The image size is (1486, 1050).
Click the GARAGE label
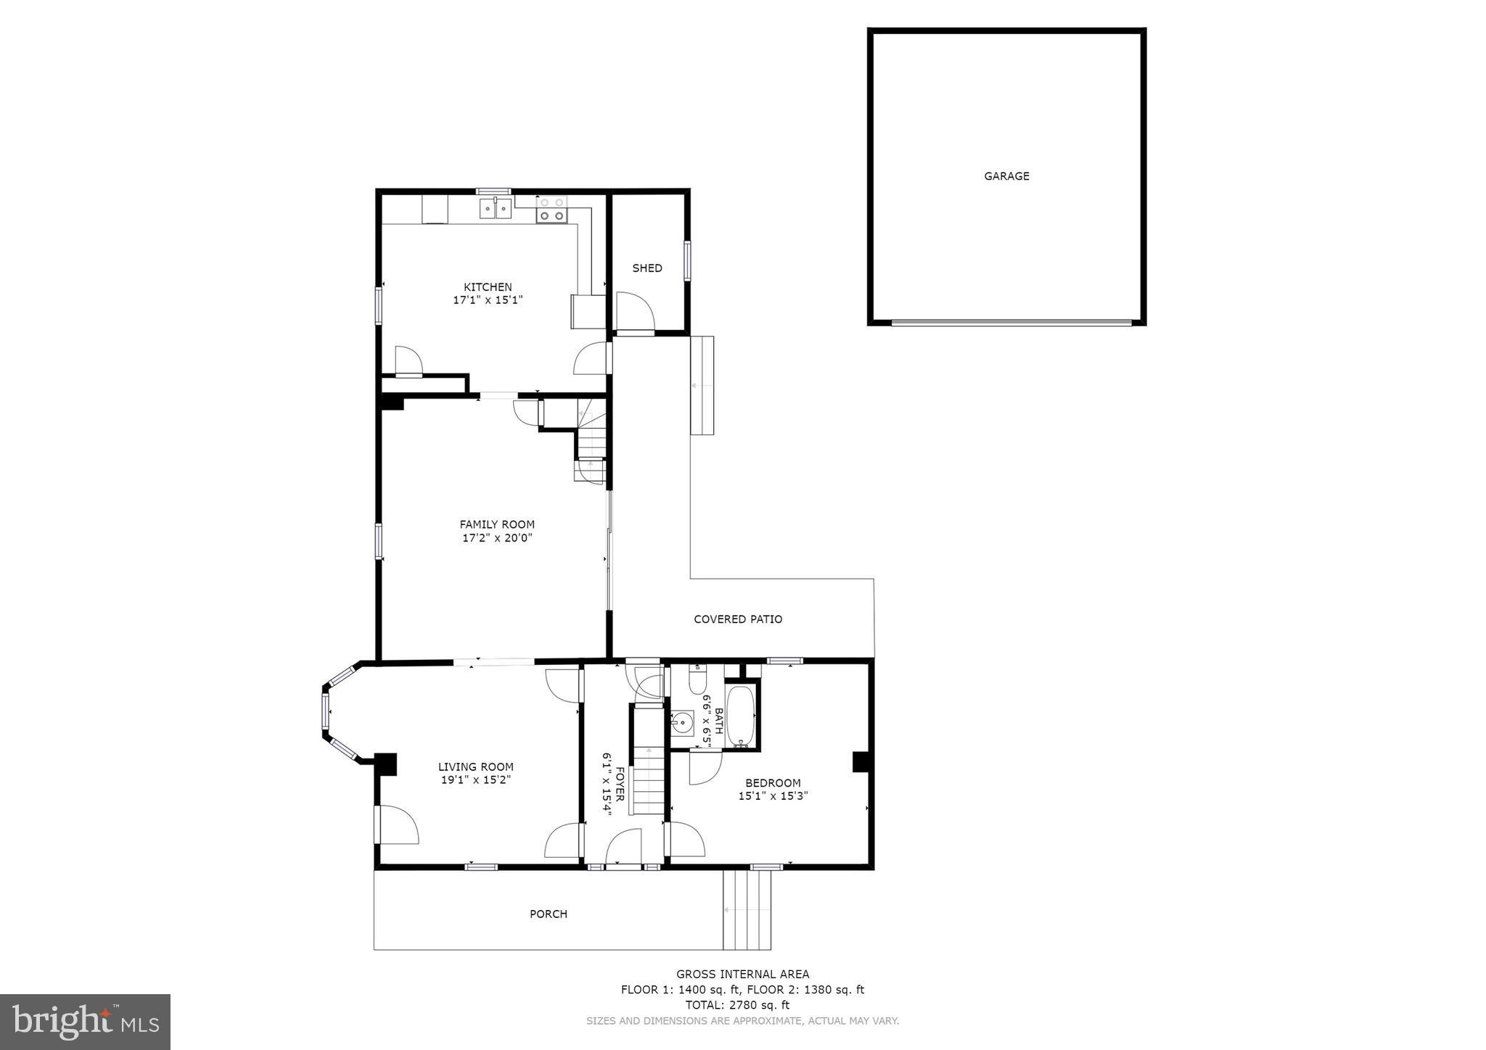(1006, 176)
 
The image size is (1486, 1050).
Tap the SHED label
(646, 268)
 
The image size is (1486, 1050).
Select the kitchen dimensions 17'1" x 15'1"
(488, 299)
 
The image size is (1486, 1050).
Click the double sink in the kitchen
(495, 208)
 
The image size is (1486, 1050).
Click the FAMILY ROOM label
(497, 524)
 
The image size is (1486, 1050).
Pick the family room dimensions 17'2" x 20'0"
(497, 538)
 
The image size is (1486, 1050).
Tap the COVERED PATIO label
(738, 619)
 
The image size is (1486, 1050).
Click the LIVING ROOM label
(475, 766)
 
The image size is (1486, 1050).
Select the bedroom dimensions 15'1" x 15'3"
(773, 795)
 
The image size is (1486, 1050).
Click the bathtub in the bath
(741, 715)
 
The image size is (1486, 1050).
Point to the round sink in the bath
(682, 723)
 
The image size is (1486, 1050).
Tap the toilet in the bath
(697, 679)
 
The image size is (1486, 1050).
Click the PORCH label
(549, 914)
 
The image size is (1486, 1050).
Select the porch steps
(747, 910)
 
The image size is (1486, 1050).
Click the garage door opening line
(1011, 322)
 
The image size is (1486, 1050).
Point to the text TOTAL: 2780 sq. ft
(737, 1005)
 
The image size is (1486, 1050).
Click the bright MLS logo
(85, 1022)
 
